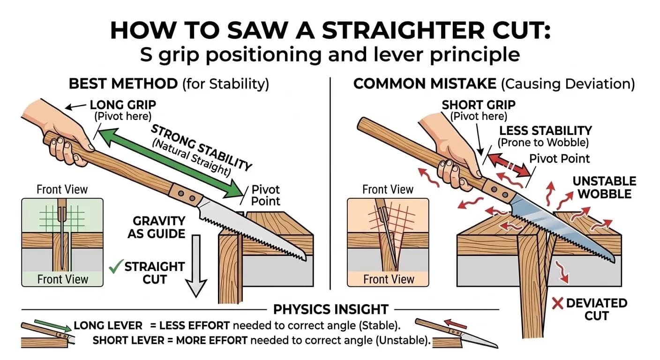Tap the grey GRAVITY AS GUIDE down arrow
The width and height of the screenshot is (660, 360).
click(196, 267)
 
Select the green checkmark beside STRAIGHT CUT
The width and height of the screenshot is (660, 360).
click(114, 268)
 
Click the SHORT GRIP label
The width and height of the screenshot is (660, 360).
click(478, 105)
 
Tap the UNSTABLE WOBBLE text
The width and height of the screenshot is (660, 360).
click(604, 187)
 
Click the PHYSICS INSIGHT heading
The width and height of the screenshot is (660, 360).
click(330, 309)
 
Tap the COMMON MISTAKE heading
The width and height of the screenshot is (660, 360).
click(425, 84)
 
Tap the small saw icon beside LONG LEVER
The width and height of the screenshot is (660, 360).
click(47, 332)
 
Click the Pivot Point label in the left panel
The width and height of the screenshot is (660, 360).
click(265, 195)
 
